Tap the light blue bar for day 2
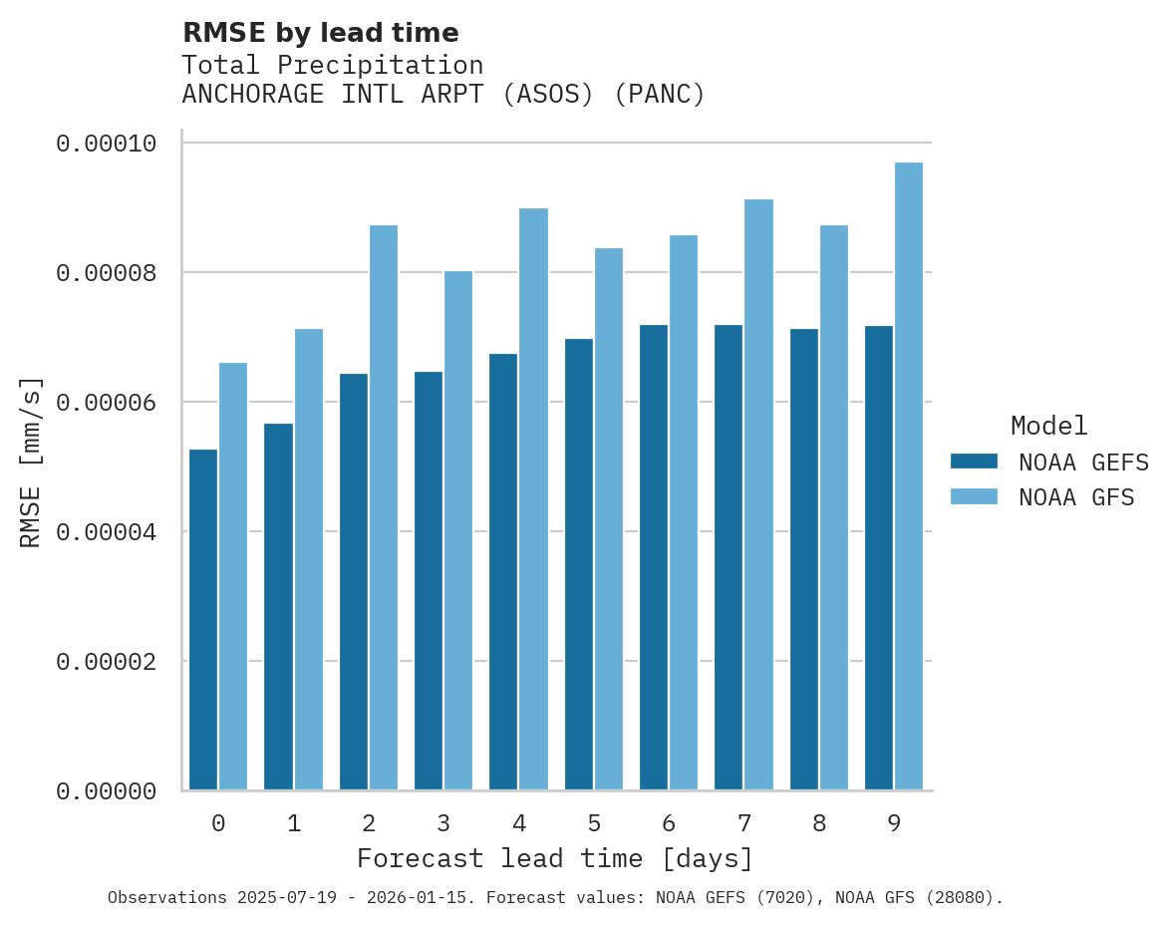384,508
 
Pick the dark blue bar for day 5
579,564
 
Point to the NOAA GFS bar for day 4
534,499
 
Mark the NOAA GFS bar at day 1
309,559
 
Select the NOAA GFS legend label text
1076,497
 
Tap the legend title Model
1048,426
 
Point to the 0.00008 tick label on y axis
107,273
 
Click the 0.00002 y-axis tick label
107,662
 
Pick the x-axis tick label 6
669,824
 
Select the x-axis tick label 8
819,824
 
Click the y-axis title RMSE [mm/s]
31,462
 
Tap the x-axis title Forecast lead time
555,859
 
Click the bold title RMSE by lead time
321,33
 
